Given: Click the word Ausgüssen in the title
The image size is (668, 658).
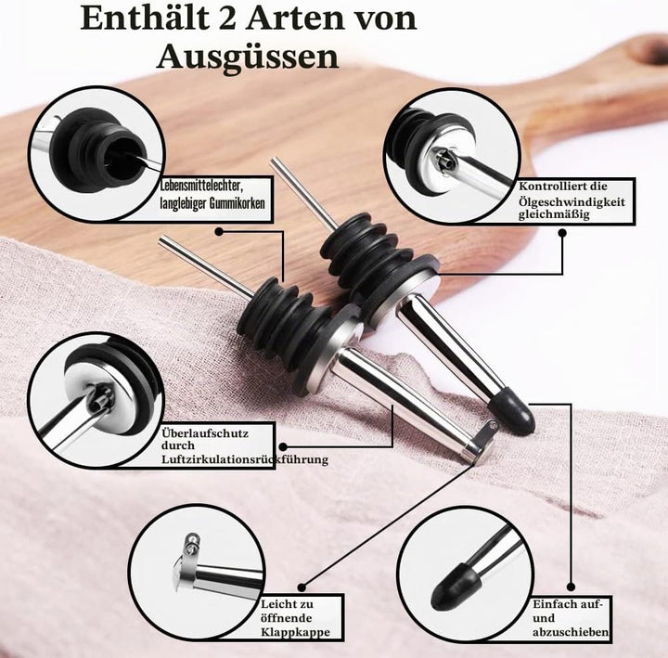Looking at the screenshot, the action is (248, 57).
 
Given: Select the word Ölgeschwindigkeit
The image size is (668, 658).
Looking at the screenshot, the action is (572, 201).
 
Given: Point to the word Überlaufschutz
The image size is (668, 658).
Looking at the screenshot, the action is (205, 433).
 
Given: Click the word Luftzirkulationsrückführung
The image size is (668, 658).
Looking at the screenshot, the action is (245, 459).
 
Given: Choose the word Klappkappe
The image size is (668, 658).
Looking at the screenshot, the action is (296, 632).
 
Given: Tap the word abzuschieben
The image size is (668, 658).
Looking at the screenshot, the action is (571, 632).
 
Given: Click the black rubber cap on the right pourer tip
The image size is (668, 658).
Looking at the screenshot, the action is (511, 411).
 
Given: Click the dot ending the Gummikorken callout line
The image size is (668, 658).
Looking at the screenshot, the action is (219, 231).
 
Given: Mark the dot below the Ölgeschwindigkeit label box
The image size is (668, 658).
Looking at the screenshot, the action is (562, 233).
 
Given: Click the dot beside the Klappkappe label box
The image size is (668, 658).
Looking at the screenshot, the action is (302, 587).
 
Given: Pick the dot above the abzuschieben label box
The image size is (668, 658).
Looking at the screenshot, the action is (572, 587).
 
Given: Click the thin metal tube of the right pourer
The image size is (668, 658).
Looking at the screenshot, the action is (303, 193).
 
